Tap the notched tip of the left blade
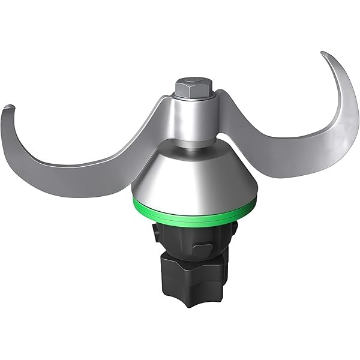pyautogui.click(x=7, y=108)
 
